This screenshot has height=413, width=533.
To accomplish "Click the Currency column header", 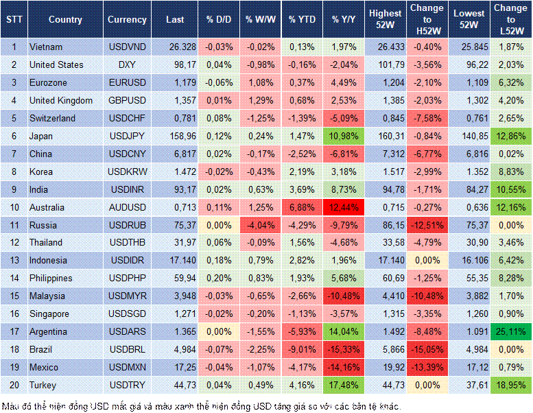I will [127, 20].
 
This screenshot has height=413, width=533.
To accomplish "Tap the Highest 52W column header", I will [386, 19].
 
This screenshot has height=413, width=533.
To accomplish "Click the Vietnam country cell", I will [46, 47].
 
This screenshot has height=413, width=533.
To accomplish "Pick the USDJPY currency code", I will [127, 136].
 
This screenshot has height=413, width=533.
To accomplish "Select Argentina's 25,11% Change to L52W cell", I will [510, 331].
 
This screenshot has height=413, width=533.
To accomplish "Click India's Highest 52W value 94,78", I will [386, 189].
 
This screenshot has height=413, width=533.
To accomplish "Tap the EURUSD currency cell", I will [127, 82].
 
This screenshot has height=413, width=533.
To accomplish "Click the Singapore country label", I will [49, 314].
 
